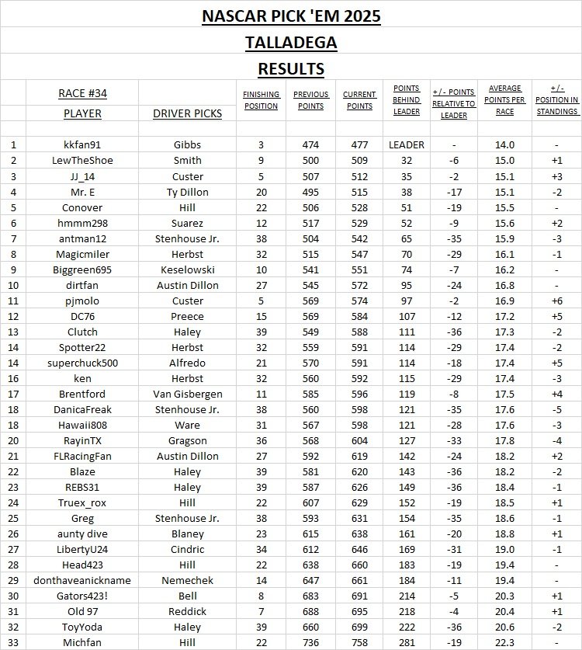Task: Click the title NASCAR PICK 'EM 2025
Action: [x=291, y=16]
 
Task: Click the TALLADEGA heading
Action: [x=291, y=42]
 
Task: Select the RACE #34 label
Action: [x=83, y=93]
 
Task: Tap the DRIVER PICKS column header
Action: [x=187, y=113]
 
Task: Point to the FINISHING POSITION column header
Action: [x=261, y=100]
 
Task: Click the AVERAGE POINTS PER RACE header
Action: [x=504, y=99]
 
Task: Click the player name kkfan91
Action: [x=83, y=144]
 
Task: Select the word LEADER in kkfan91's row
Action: [x=407, y=144]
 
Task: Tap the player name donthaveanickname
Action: [x=83, y=580]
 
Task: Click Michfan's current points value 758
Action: [x=360, y=642]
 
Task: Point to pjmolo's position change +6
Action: [x=556, y=301]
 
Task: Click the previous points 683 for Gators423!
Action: [x=310, y=596]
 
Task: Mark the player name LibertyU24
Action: [x=83, y=549]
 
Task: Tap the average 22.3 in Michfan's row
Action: [x=504, y=642]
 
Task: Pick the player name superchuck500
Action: [x=83, y=363]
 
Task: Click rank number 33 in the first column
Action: [x=13, y=642]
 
